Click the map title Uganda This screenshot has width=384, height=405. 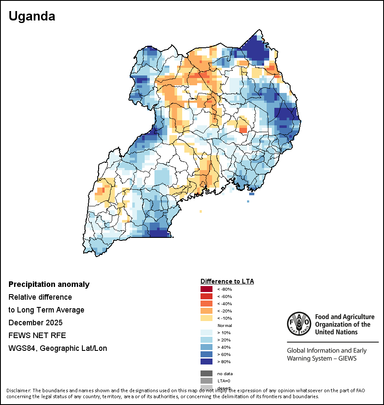[x=32, y=16]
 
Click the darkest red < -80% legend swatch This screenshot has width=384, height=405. [x=207, y=289]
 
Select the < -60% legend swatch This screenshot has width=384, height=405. [x=207, y=297]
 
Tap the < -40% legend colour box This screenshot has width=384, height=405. [x=207, y=304]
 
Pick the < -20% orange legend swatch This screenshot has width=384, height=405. [x=207, y=311]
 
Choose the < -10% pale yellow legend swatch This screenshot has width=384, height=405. [x=207, y=318]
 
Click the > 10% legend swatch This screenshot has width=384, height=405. [x=207, y=333]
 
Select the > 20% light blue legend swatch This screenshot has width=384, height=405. [x=207, y=340]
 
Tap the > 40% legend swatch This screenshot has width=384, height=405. [x=207, y=347]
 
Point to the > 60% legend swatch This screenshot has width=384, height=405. [x=207, y=355]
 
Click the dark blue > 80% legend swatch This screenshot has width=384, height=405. [x=207, y=362]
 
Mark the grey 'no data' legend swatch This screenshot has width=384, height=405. [x=207, y=373]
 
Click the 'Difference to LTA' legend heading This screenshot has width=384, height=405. [x=227, y=281]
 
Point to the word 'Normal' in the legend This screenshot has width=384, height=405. [x=224, y=326]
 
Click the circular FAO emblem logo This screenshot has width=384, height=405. [x=299, y=324]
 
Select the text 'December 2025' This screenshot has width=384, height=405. [x=35, y=322]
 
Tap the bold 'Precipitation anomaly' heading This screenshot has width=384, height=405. [x=49, y=284]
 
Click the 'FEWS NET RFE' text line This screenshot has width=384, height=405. [x=37, y=335]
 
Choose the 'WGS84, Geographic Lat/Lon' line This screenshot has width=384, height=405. [x=58, y=348]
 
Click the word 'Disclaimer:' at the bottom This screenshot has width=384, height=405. [x=18, y=391]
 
